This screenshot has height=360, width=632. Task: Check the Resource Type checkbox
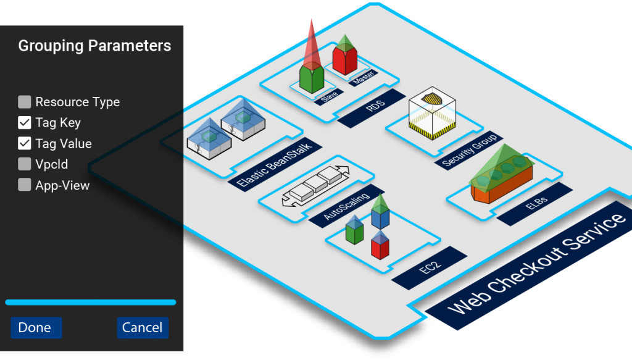[x=25, y=102]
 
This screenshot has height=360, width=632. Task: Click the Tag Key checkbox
[x=25, y=123]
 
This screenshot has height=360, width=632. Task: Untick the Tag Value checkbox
[x=25, y=143]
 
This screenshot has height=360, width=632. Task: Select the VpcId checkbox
[x=25, y=164]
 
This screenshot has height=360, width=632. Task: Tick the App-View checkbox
[x=25, y=185]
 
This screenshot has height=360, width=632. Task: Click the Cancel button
[x=142, y=328]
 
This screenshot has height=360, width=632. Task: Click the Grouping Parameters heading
[x=94, y=46]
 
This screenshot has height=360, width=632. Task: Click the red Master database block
[x=344, y=62]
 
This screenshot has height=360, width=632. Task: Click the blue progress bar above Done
[x=90, y=302]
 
